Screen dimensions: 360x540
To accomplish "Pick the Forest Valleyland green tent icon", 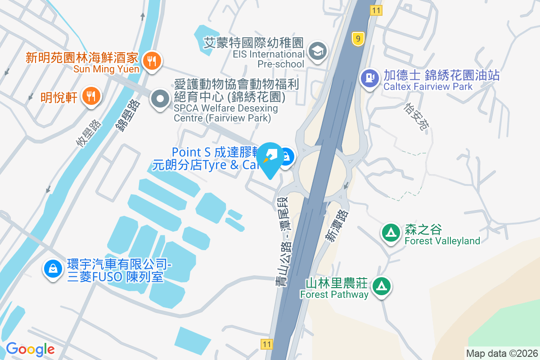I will click(391, 233).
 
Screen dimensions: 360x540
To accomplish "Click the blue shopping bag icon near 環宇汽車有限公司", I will click(53, 269).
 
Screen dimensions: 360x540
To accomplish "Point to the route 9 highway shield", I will click(358, 39).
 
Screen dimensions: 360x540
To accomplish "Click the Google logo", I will click(30, 349).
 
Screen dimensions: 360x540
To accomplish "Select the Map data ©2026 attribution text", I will click(502, 353).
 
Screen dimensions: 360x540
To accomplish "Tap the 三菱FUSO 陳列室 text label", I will click(115, 277).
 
